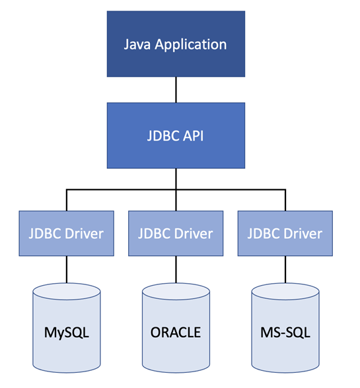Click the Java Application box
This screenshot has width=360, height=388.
click(175, 45)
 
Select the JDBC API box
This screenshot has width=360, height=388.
click(175, 135)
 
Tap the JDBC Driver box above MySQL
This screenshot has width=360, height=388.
click(66, 233)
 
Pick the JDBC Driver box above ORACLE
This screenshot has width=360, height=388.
click(175, 233)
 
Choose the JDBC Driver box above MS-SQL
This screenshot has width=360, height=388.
click(284, 233)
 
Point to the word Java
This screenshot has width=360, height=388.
click(137, 45)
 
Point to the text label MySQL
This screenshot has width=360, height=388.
click(66, 331)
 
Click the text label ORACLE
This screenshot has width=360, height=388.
click(175, 331)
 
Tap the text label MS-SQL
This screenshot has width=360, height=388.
click(284, 331)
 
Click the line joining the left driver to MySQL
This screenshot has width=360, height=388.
click(66, 269)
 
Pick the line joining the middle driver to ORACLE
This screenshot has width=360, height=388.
click(175, 269)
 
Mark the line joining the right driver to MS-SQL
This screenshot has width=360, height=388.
click(284, 269)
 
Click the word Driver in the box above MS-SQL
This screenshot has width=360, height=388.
click(303, 233)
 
